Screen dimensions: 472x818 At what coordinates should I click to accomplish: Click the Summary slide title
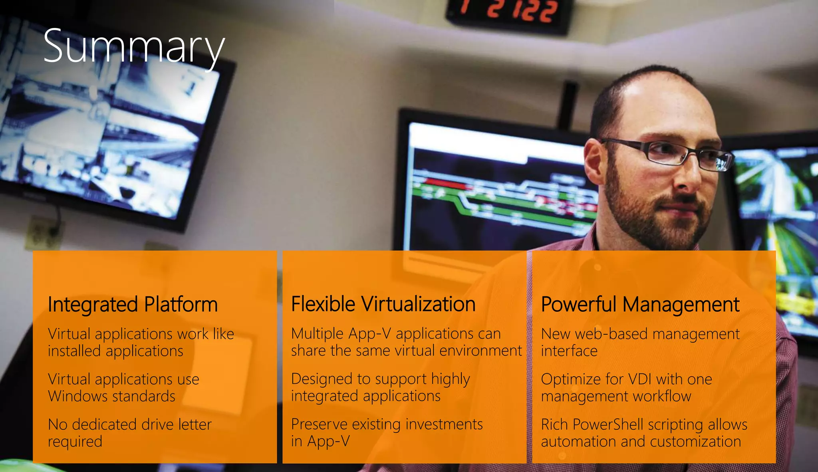(x=134, y=47)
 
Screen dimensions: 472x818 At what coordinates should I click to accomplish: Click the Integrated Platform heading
(x=133, y=304)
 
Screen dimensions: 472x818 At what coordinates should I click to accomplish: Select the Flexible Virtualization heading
(x=383, y=304)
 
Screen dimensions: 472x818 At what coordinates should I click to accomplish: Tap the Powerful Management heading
(x=640, y=304)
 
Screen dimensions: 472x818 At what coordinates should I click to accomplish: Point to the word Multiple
(x=317, y=333)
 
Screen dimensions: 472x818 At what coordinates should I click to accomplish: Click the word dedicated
(x=105, y=424)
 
